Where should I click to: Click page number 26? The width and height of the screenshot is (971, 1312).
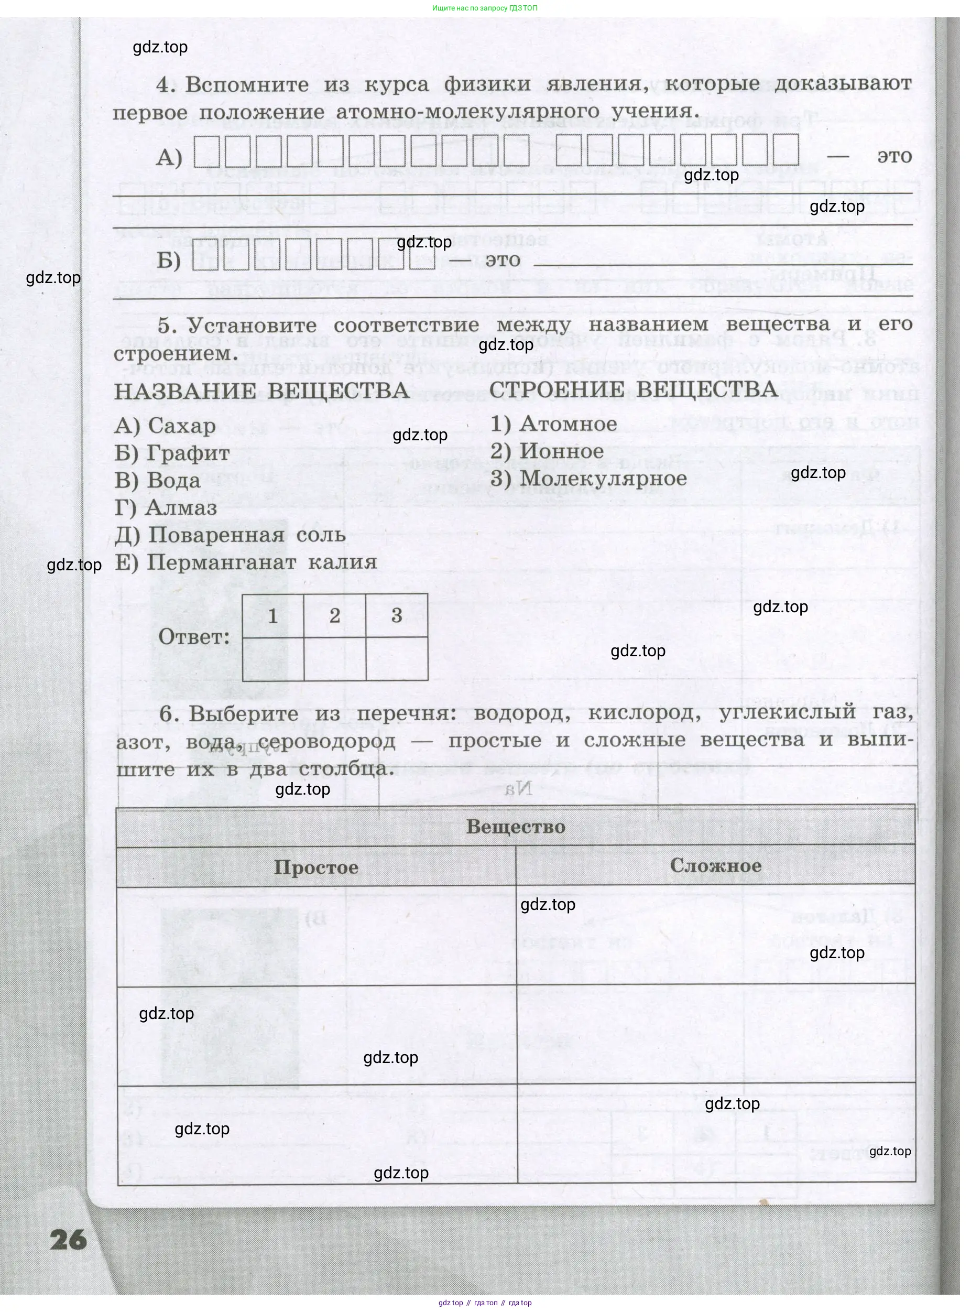click(x=68, y=1240)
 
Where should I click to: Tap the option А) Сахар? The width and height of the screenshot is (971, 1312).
click(x=165, y=426)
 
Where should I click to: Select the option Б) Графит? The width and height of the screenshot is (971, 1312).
click(x=172, y=453)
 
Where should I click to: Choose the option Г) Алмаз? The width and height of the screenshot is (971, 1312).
click(x=166, y=508)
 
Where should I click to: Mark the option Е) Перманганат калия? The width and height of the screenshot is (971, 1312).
click(x=245, y=562)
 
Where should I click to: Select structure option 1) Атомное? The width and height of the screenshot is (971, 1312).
click(x=554, y=424)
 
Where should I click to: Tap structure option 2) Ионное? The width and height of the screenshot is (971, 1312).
click(x=547, y=451)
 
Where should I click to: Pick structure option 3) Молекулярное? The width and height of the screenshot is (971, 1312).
click(x=588, y=479)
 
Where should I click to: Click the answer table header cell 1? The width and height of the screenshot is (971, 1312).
click(x=272, y=616)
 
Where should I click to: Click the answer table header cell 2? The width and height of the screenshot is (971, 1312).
click(x=335, y=616)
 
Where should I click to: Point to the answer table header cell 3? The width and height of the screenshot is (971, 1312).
click(x=397, y=616)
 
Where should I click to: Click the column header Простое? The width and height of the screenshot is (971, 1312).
click(x=316, y=868)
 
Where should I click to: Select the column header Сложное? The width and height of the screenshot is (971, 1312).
click(x=715, y=865)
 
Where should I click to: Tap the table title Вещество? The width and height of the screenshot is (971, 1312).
click(x=516, y=827)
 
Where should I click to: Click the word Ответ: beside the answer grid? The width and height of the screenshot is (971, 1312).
click(x=194, y=637)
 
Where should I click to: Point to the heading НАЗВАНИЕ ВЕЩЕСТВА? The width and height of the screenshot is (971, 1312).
click(x=261, y=392)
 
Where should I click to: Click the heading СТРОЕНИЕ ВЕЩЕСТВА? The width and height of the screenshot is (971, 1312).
click(x=633, y=389)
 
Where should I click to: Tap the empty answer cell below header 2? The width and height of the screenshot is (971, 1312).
click(x=335, y=659)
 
